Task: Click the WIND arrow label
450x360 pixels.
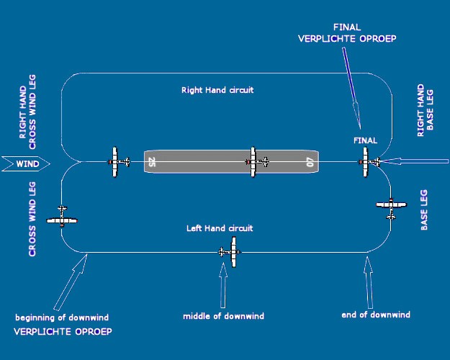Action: [x=24, y=164]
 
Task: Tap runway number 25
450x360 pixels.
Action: [x=152, y=163]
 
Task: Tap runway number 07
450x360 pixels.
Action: [x=310, y=163]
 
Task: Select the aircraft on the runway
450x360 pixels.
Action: [x=255, y=162]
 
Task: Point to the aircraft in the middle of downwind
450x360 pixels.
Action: [x=231, y=251]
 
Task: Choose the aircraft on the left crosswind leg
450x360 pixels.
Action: [x=62, y=217]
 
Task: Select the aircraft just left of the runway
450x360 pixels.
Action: [x=117, y=162]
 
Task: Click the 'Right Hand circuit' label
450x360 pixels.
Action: [x=217, y=91]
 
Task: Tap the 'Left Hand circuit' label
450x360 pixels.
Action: [x=220, y=228]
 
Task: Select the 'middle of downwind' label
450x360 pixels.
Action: [x=223, y=316]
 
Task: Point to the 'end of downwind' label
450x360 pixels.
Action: [x=375, y=315]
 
